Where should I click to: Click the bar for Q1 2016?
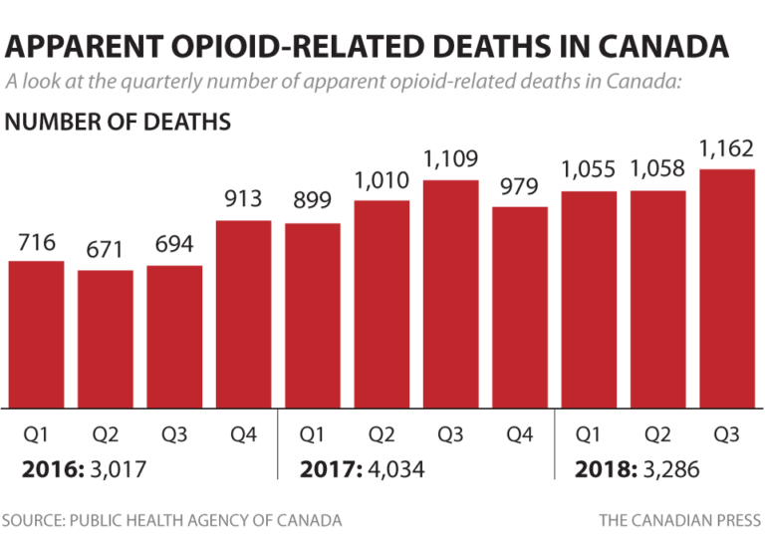tap(36, 334)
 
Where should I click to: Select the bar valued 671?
tap(105, 339)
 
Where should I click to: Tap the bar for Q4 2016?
tap(243, 314)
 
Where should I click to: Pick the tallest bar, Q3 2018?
tap(726, 289)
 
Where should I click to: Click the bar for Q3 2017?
tap(450, 294)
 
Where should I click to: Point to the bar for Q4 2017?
tap(520, 307)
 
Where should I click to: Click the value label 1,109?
tap(450, 159)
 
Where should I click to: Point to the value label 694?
tap(174, 245)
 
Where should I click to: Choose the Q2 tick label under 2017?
tap(382, 434)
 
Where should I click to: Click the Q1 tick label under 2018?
tap(589, 434)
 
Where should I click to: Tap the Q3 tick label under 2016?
tap(174, 434)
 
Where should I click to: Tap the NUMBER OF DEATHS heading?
tap(119, 122)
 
